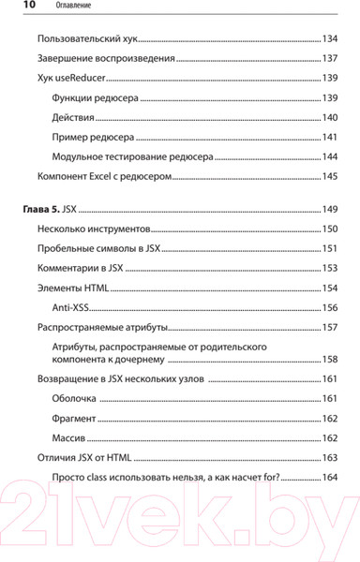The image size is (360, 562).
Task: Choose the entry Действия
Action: tap(75, 117)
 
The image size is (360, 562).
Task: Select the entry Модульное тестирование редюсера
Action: tap(133, 156)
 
